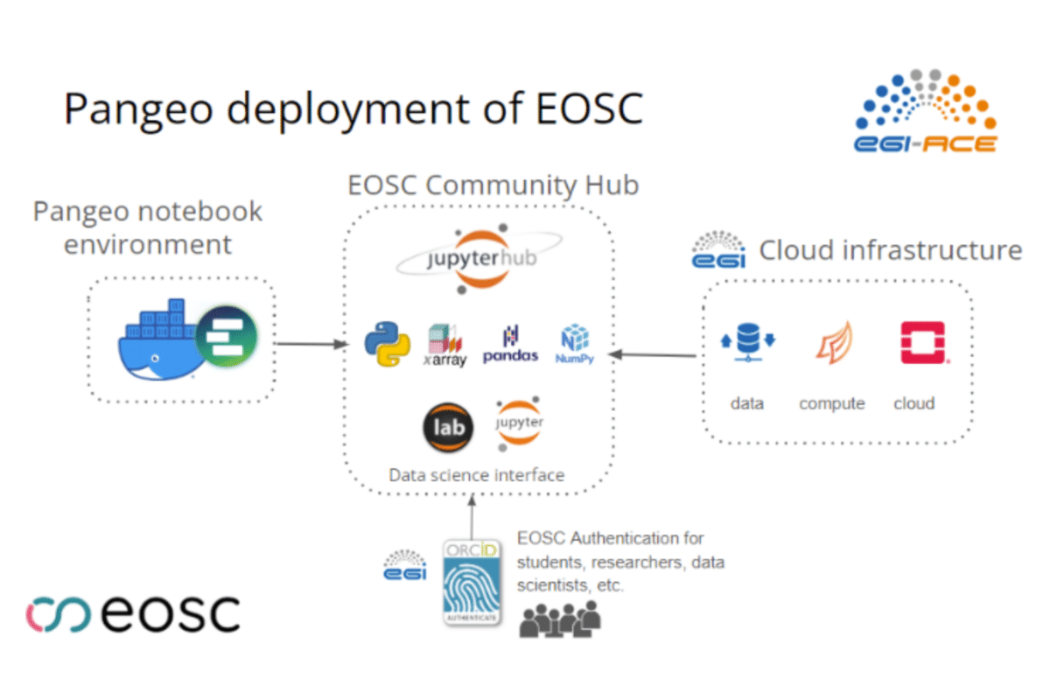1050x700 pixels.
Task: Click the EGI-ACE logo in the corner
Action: [925, 111]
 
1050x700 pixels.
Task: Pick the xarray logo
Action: [445, 345]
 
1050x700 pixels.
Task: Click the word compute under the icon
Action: [831, 403]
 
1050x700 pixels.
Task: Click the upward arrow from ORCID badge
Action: [471, 516]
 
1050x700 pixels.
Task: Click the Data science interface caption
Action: [476, 475]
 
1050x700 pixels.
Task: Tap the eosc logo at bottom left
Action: [132, 612]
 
